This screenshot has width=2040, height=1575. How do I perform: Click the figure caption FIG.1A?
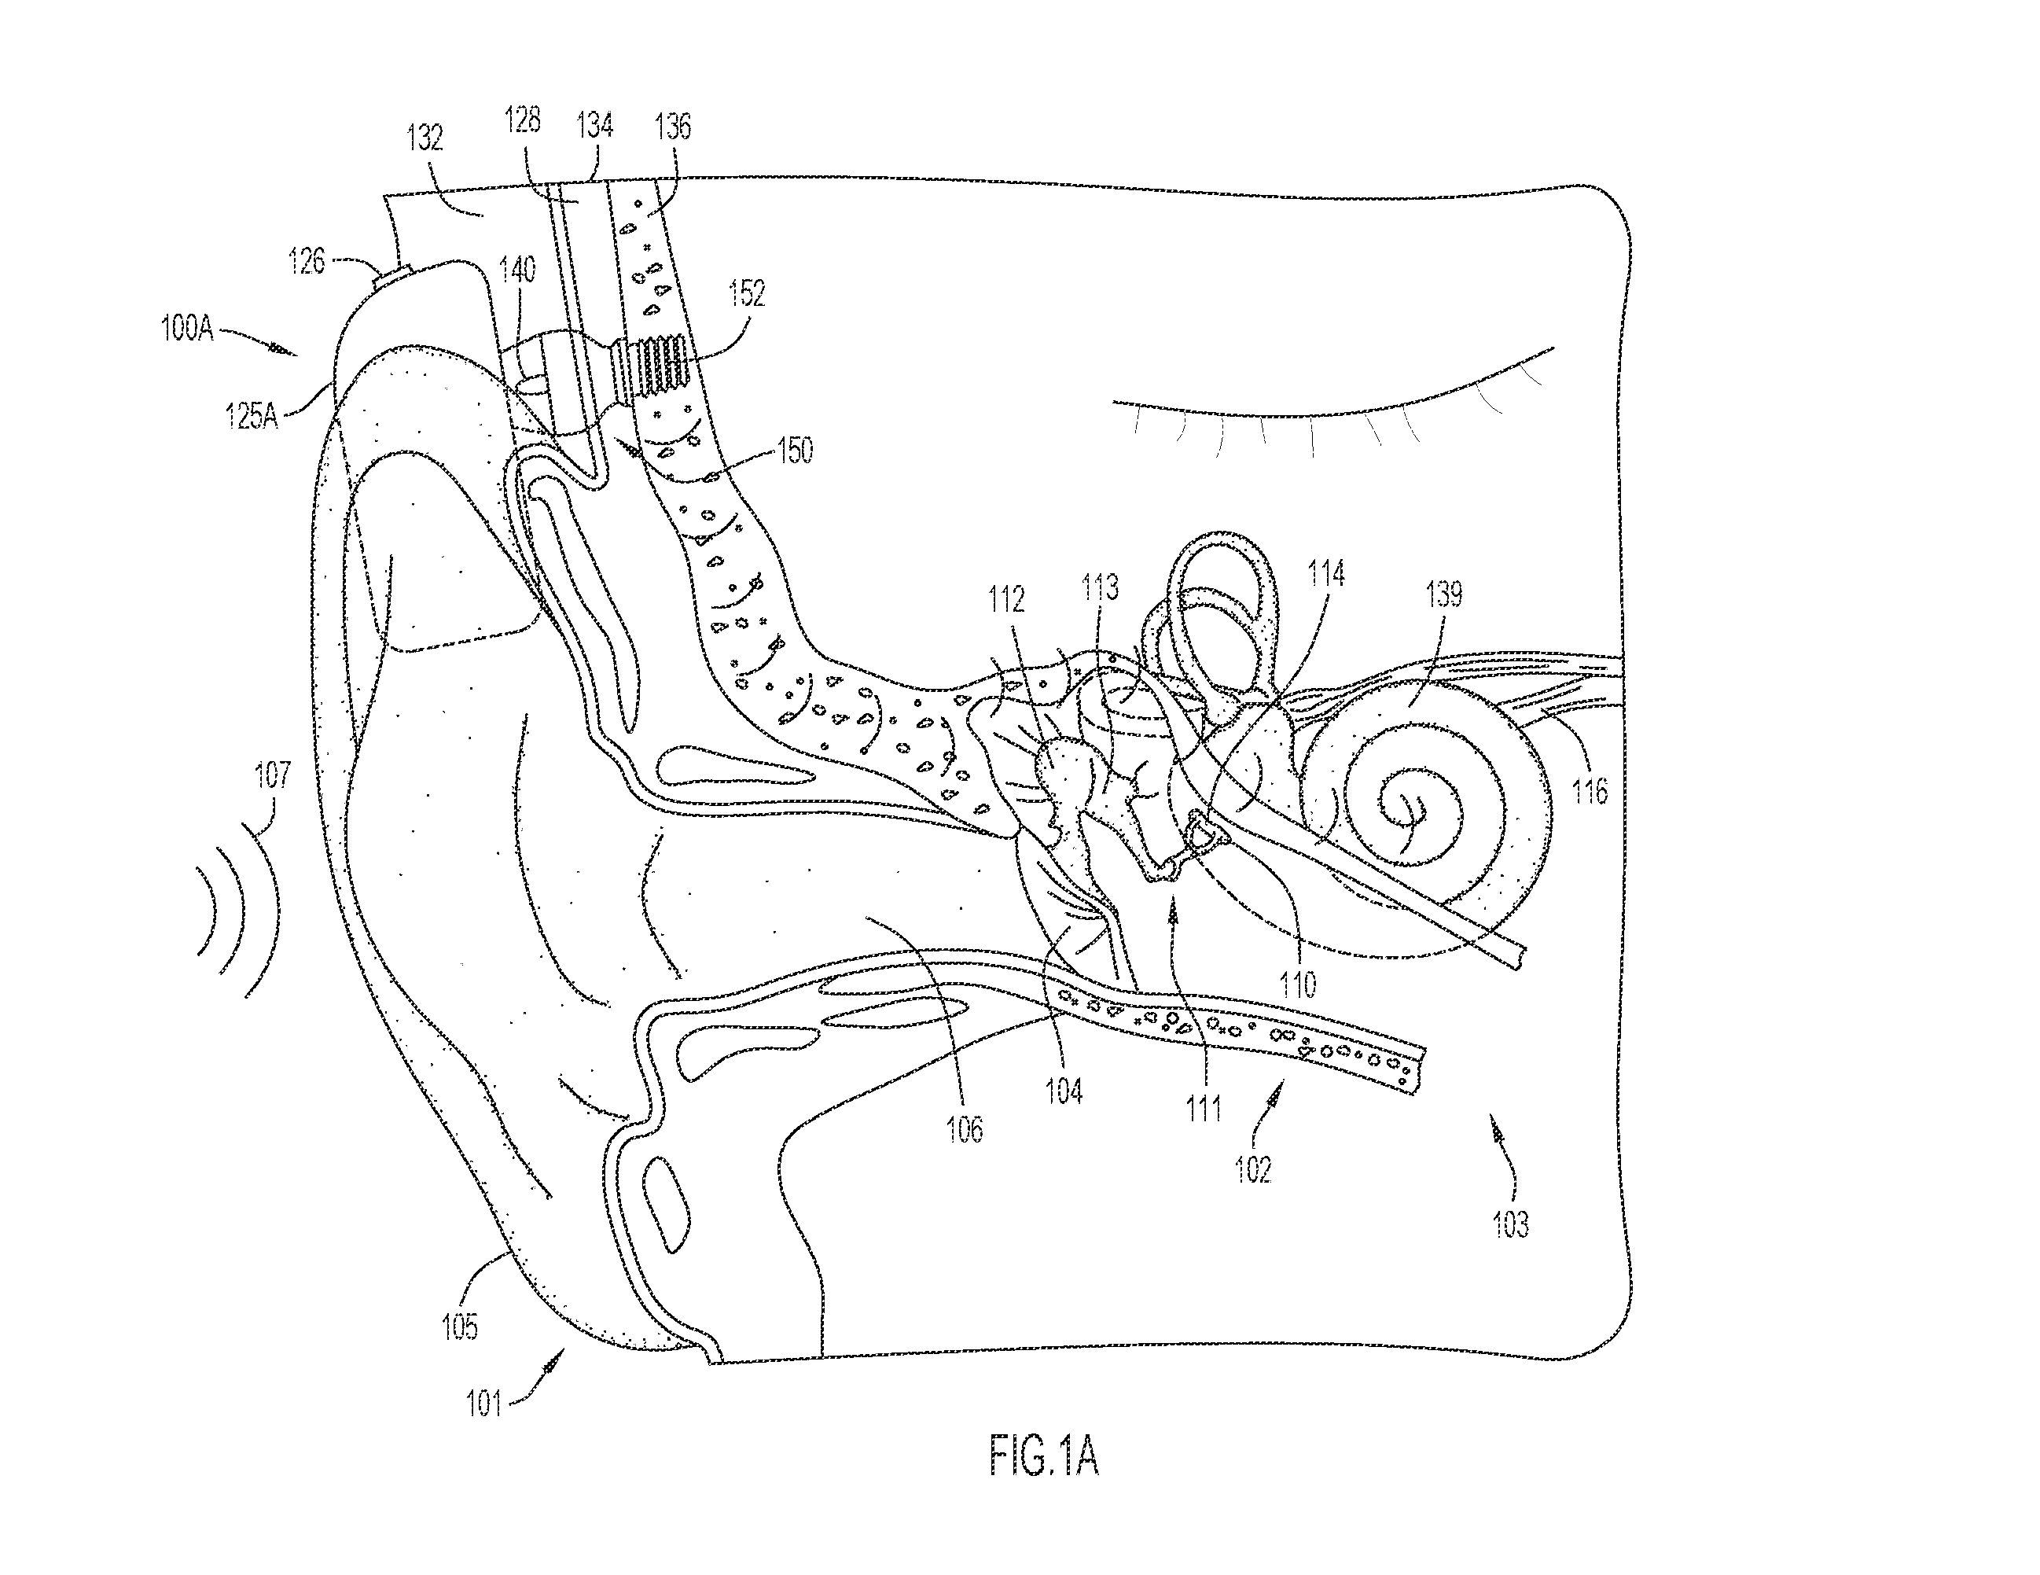(1043, 1457)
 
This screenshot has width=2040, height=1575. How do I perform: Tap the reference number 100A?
(188, 329)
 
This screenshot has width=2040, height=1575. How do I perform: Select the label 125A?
(252, 414)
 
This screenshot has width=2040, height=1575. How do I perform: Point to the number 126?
(307, 260)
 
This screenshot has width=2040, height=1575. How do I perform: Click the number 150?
(794, 451)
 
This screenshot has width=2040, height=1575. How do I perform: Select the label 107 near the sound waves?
(273, 775)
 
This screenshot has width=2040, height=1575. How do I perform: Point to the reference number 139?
(1444, 594)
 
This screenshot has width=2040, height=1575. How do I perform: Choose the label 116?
(1590, 792)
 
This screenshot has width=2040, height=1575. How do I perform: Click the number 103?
(1511, 1224)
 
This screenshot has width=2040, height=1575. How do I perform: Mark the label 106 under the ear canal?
(965, 1129)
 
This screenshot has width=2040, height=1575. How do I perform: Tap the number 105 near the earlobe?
(460, 1327)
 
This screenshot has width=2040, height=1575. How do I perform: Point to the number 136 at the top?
(674, 126)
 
